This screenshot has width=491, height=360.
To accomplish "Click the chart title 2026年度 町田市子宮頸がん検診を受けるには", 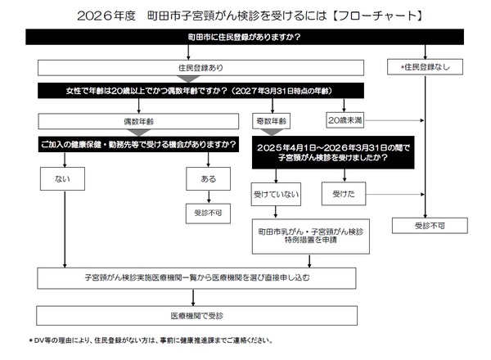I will coord(245,16).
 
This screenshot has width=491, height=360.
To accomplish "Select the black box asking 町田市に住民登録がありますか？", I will coord(245,38).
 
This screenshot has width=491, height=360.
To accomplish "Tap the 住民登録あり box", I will coord(200,65).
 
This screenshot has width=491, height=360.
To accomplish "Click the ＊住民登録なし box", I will coord(425,65).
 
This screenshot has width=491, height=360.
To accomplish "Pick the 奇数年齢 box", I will coord(271,120).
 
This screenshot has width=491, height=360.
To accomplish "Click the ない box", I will coord(64,177).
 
